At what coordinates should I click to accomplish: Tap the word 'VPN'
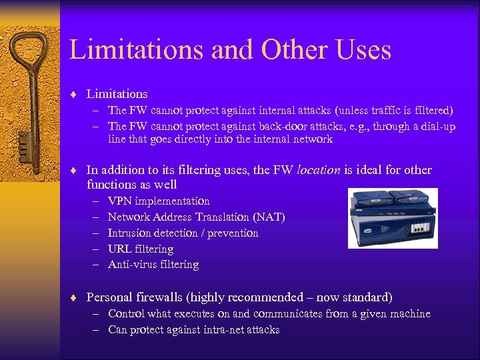[120, 201]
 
